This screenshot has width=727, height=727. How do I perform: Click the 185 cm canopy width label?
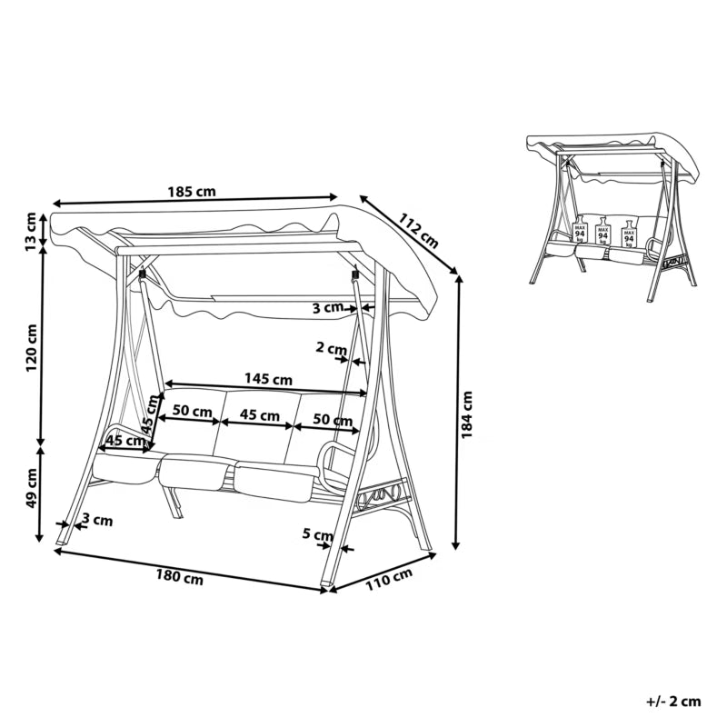(192, 191)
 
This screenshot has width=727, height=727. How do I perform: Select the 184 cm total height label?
(466, 414)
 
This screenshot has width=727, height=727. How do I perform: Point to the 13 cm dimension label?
(31, 232)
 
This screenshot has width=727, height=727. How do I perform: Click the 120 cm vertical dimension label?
(31, 348)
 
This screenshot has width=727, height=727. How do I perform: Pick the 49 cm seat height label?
(31, 488)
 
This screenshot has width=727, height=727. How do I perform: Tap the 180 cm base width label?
(179, 577)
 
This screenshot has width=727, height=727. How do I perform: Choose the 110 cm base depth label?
(389, 580)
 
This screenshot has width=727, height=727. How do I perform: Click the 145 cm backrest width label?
(268, 379)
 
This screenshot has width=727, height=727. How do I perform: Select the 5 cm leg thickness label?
(317, 534)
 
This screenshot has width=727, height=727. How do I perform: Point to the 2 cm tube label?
(331, 347)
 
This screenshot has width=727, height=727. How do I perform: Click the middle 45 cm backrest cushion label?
(260, 415)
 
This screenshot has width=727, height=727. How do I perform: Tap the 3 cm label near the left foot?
(97, 520)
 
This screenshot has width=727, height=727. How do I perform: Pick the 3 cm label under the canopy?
(327, 306)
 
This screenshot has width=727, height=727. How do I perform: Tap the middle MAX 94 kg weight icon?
(603, 230)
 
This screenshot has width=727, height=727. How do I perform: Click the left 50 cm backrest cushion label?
(192, 411)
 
